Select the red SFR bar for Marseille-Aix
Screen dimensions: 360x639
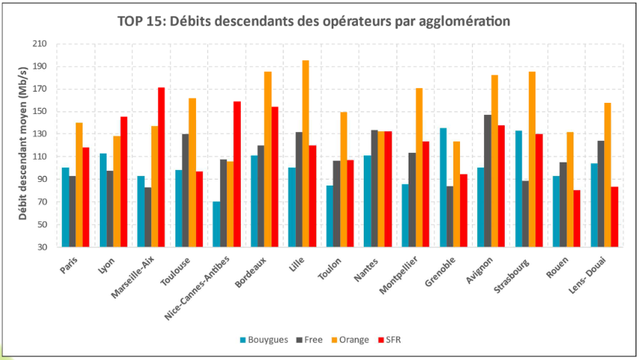pos(161,167)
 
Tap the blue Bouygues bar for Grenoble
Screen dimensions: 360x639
pos(443,187)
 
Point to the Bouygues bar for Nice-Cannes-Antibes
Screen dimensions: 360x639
pos(217,224)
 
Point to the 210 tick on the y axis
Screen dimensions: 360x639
pos(40,44)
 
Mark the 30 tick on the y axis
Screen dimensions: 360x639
pos(43,247)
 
